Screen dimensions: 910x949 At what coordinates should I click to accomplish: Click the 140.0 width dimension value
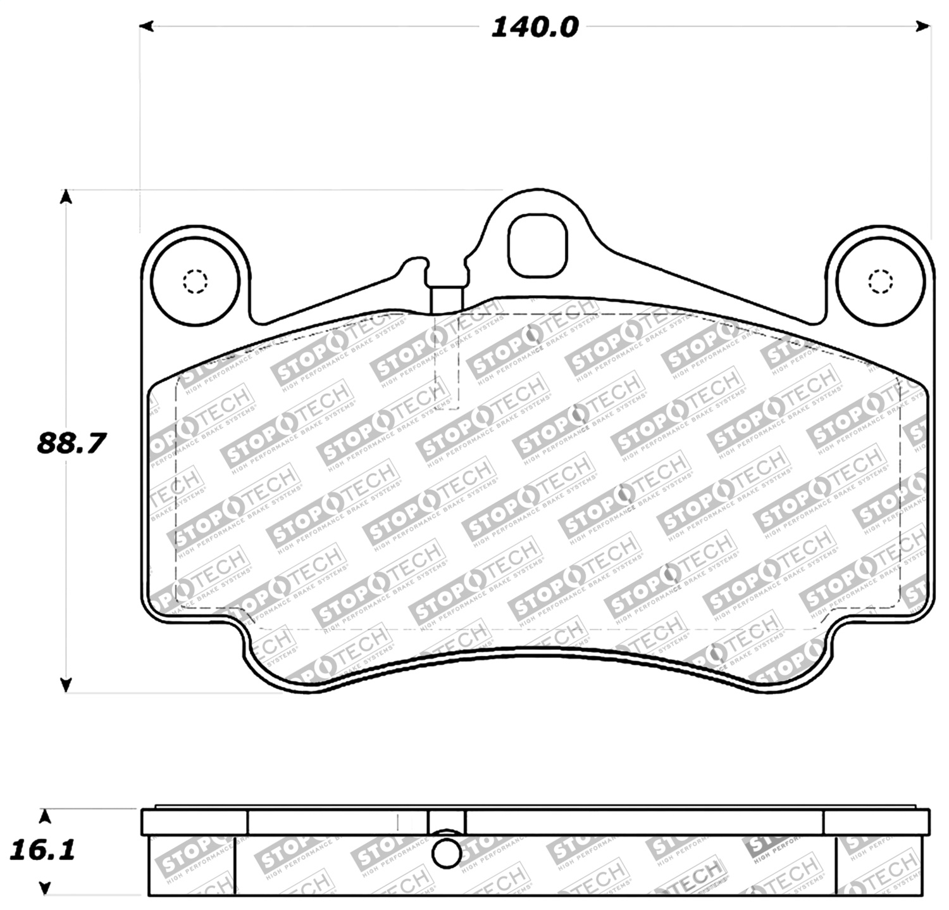click(x=535, y=27)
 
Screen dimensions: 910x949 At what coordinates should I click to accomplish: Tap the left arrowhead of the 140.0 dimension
click(x=146, y=27)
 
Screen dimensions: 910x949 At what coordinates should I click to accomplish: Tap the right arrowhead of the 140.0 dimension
click(x=923, y=27)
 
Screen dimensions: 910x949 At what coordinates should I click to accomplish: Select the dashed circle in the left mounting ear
click(x=195, y=281)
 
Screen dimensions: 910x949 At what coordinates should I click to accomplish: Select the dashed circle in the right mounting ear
click(x=880, y=281)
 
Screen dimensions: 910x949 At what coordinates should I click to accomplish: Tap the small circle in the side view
click(x=447, y=853)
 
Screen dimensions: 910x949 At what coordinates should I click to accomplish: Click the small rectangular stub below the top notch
click(x=447, y=300)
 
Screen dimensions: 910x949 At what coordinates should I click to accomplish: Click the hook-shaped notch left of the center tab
click(x=414, y=263)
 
